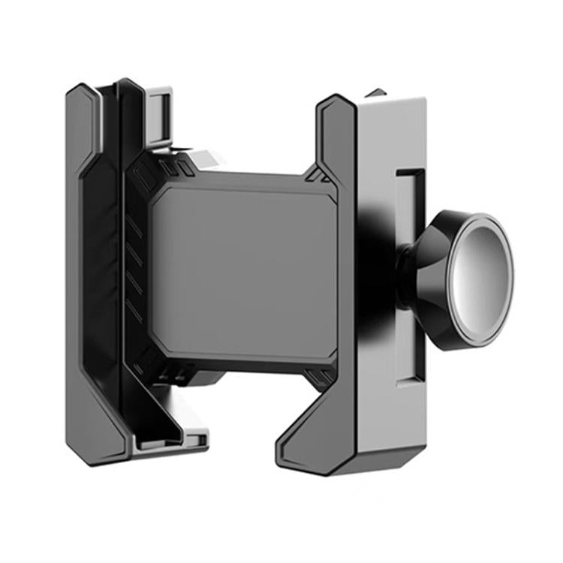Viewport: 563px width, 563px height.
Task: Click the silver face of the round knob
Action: point(481,278)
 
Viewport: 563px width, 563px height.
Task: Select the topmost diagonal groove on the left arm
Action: point(134,226)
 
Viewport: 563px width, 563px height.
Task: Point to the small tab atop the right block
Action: point(376,94)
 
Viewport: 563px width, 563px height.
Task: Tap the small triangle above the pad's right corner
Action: point(316,176)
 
